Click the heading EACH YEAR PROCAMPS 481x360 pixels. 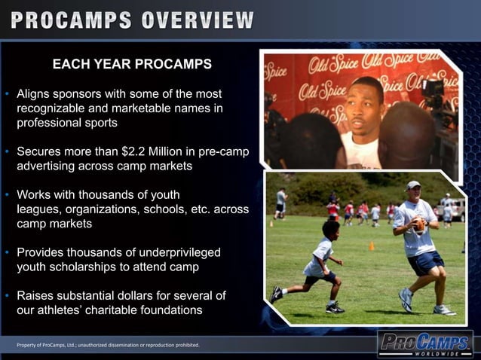[x=132, y=64]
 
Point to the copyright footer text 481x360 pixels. [x=108, y=345]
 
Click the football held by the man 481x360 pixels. [x=419, y=224]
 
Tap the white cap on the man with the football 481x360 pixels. [x=414, y=185]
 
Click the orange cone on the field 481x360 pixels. [x=372, y=246]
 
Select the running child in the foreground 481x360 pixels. [x=315, y=267]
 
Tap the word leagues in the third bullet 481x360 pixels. [x=41, y=209]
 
